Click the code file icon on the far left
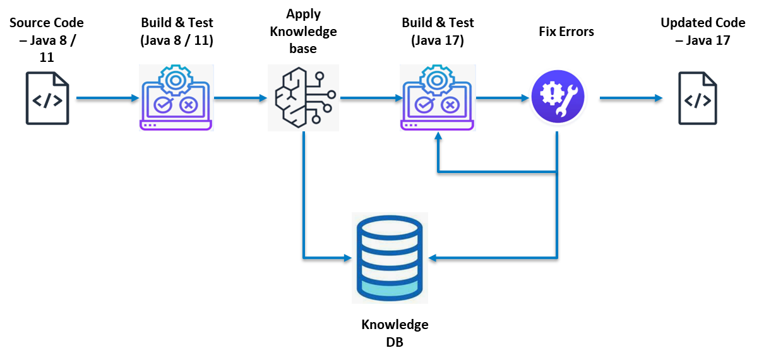coord(47,99)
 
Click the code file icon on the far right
coord(698,99)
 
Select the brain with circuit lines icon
coord(303,97)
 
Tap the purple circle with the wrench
coord(557,98)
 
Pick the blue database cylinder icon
coord(390,258)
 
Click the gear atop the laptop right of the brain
coord(436,79)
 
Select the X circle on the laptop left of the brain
coord(188,105)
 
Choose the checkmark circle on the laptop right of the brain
coord(424,105)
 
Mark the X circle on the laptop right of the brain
coord(450,105)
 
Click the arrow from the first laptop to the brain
coord(241,98)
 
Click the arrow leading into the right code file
coord(631,98)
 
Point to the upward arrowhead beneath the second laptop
coord(438,135)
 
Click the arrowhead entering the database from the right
coord(433,258)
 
